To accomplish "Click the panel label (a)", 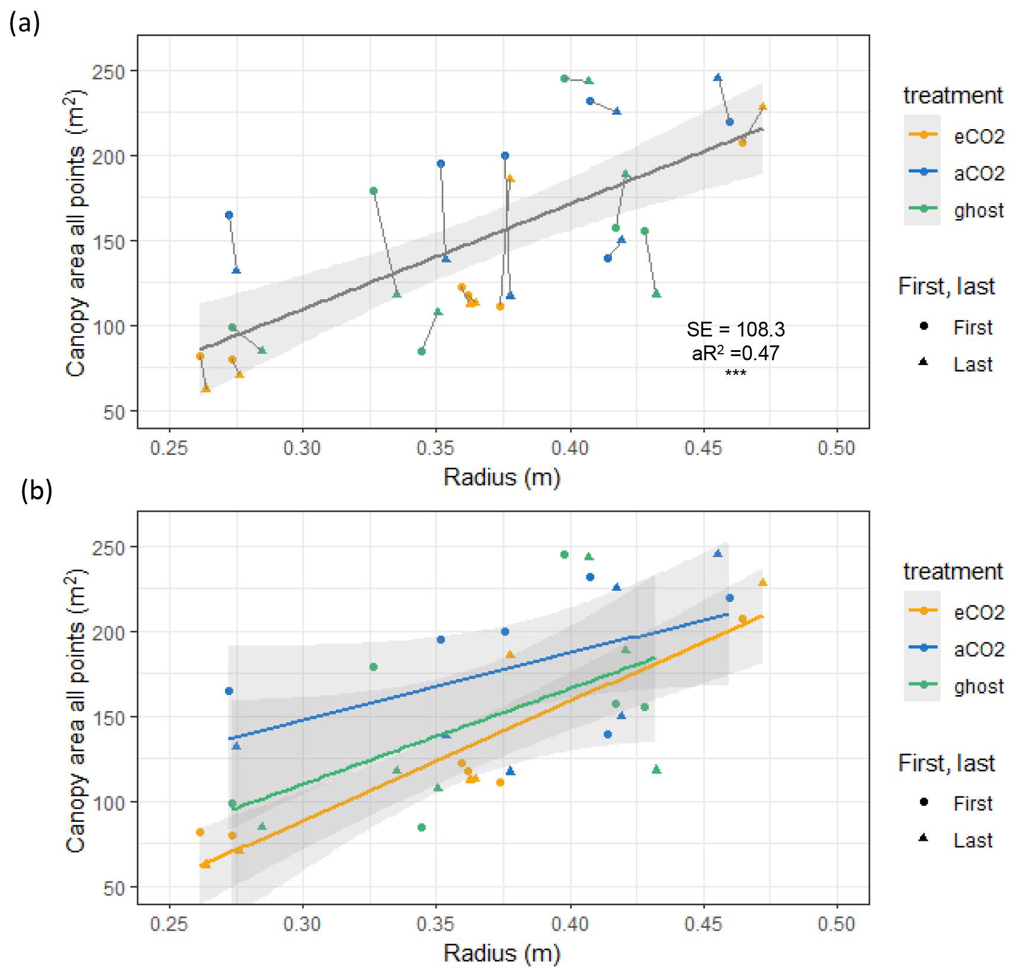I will [x=24, y=24].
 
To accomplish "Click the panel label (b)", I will [x=36, y=491].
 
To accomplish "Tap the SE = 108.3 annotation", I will [x=735, y=329].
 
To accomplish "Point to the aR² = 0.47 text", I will [x=735, y=354].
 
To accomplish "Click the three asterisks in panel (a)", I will [x=735, y=373].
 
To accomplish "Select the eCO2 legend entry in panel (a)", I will [x=979, y=136].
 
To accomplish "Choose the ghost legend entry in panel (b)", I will [x=979, y=686].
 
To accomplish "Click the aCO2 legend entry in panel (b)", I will [x=979, y=649].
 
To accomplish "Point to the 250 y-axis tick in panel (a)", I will [x=108, y=72].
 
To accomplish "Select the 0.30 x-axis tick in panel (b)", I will [x=302, y=924].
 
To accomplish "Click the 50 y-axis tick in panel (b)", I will [x=114, y=888].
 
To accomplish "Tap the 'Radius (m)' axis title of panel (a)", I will [x=502, y=477].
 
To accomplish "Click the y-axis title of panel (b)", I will [x=76, y=710].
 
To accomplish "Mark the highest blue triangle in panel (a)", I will [x=718, y=78].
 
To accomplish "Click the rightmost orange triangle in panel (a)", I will [x=763, y=107].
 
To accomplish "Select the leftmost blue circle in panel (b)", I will [x=229, y=691].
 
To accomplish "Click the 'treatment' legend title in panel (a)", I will [x=953, y=95].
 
